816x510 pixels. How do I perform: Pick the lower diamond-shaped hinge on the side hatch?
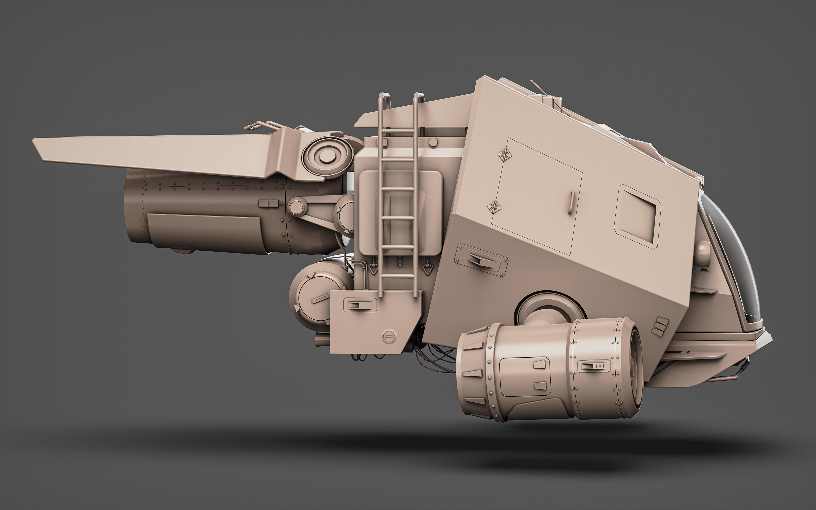pyautogui.click(x=494, y=207)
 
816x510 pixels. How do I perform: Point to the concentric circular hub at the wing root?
pyautogui.click(x=325, y=157)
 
